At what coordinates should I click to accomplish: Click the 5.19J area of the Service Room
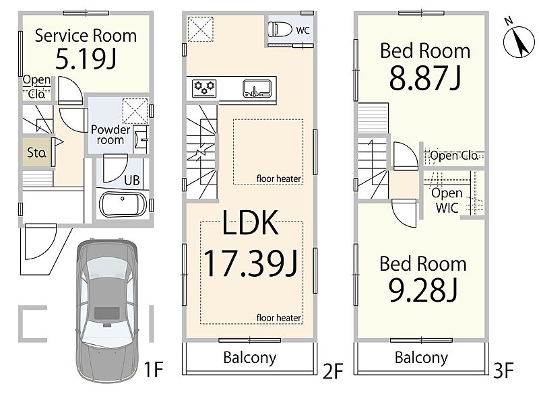86,59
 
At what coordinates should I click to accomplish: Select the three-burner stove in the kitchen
204,88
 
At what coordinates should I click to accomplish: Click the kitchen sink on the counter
257,89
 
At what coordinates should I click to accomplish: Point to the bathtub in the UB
123,205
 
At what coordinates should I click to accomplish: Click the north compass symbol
518,41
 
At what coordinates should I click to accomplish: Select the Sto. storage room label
36,152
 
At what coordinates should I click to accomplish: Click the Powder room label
110,135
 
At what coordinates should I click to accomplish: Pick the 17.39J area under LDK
251,263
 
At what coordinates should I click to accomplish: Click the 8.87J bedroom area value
425,78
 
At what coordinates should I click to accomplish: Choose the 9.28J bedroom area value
423,290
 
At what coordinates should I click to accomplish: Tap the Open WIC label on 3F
447,200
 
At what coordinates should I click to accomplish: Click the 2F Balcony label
249,358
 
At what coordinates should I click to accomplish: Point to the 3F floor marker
503,370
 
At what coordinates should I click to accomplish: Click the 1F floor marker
153,369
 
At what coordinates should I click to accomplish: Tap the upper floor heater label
279,178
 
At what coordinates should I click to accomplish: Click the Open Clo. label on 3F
454,156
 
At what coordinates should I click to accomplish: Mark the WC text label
303,30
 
